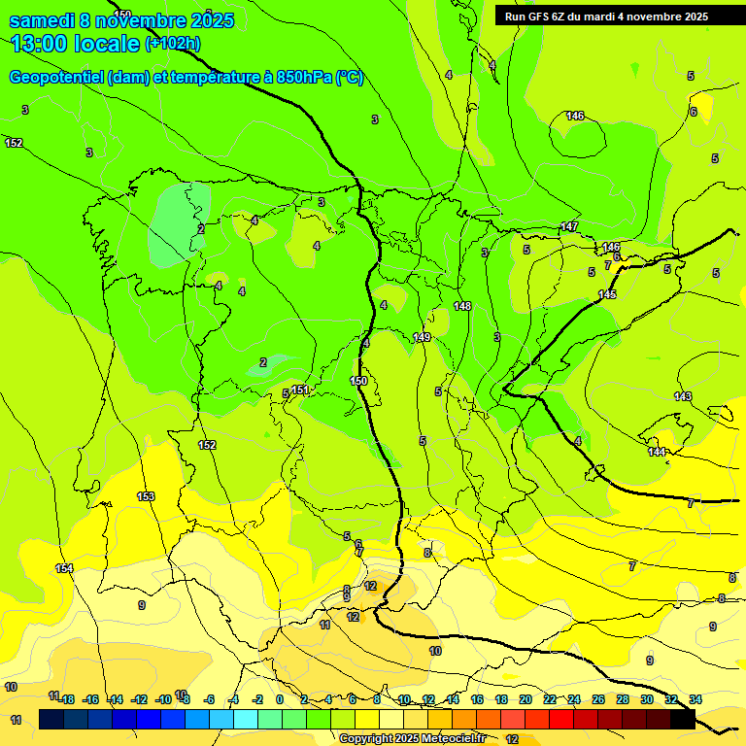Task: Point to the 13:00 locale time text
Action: pos(75,43)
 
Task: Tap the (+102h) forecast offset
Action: pos(173,44)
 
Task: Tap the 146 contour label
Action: pos(575,116)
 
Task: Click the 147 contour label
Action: pos(569,226)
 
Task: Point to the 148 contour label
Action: pos(462,306)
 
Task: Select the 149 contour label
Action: pos(422,337)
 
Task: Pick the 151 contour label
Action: pos(300,390)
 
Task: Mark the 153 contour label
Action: pos(146,496)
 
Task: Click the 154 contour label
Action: pos(64,568)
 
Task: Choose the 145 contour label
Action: pos(607,294)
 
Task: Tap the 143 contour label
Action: pos(683,396)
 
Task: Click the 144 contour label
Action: pos(658,452)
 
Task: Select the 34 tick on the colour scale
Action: pos(695,699)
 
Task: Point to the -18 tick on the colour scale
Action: pos(66,699)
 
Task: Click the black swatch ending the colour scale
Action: pos(683,719)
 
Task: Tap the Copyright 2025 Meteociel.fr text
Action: pos(410,738)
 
